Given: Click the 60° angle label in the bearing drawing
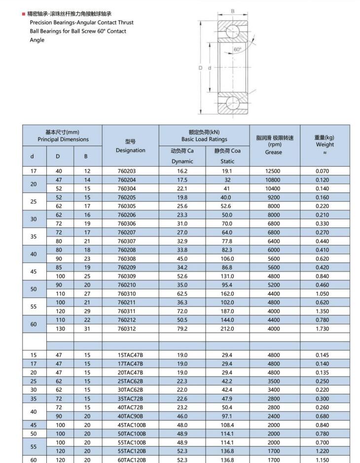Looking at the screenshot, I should [x=238, y=49].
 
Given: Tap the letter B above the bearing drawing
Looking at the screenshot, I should [x=233, y=11].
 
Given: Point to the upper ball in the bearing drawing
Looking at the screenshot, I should [x=232, y=32].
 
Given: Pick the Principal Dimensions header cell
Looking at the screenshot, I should [x=63, y=136].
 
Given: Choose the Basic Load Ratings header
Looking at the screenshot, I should [x=204, y=136].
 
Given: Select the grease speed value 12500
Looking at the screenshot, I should [x=273, y=171].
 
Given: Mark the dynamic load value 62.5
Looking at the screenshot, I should [x=182, y=294].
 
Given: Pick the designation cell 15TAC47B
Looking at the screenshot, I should [x=130, y=355].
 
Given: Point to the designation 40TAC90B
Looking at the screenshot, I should [x=130, y=416].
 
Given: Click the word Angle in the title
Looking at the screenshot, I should [x=37, y=40].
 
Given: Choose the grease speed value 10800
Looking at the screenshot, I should [x=273, y=180].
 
